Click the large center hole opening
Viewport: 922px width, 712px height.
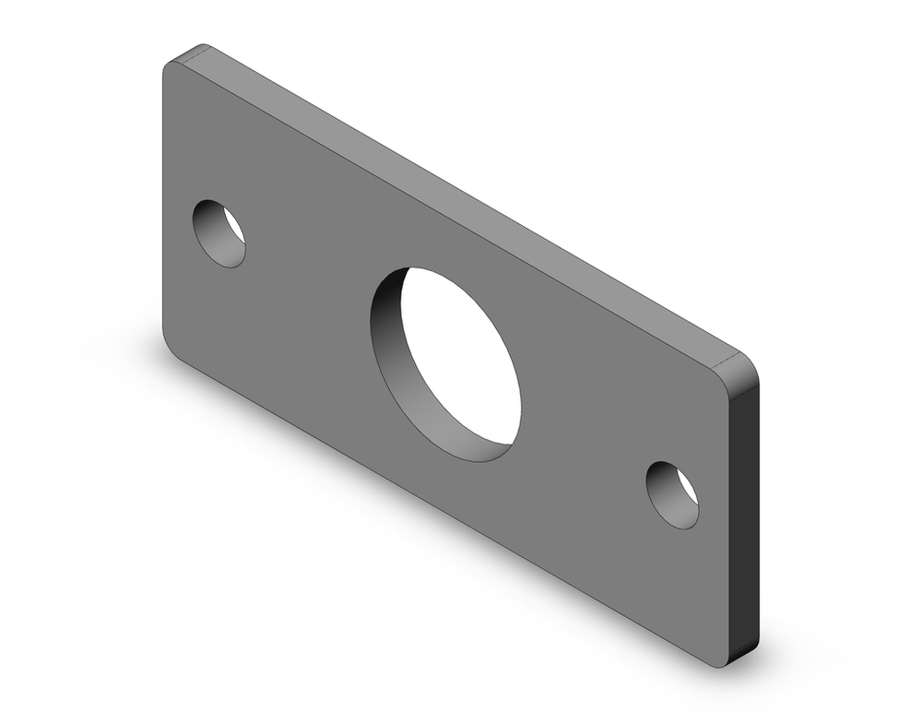(x=461, y=364)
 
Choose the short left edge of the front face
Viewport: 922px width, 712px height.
(x=163, y=203)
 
